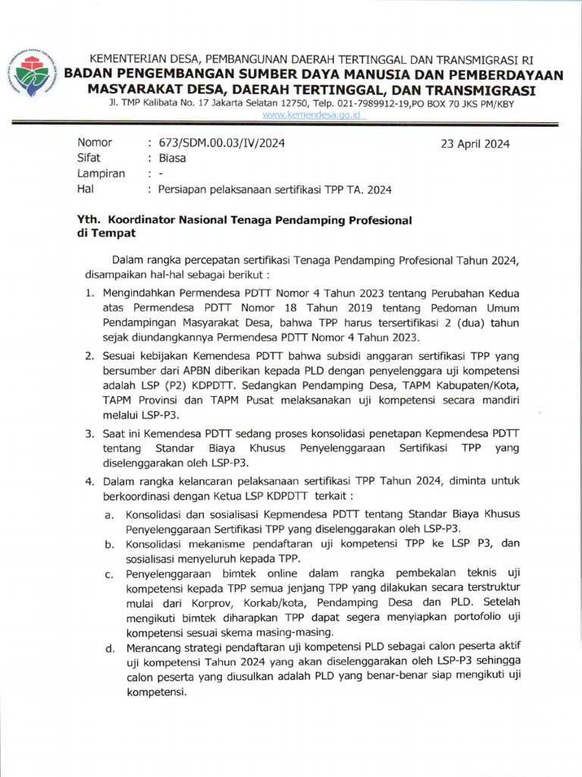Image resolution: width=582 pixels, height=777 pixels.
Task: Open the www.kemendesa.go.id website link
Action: coord(314,115)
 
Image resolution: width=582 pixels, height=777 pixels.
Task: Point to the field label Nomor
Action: coord(95,143)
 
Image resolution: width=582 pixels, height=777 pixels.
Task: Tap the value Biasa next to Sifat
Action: coord(172,159)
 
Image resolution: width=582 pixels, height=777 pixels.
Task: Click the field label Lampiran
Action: coord(101,174)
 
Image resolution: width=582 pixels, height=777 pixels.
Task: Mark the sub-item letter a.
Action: coord(109,515)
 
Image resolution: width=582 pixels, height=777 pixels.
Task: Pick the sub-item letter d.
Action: coord(110,648)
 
